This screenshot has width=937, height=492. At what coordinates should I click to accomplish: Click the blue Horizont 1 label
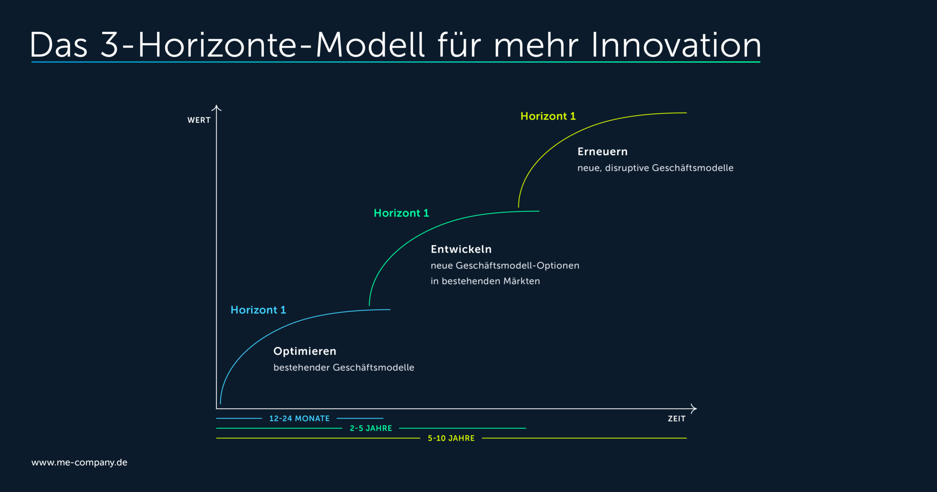pyautogui.click(x=258, y=310)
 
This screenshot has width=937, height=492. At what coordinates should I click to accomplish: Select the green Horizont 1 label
pyautogui.click(x=401, y=213)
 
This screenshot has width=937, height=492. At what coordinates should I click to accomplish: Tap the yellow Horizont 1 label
pyautogui.click(x=548, y=116)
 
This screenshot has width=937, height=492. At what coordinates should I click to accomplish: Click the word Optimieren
pyautogui.click(x=305, y=351)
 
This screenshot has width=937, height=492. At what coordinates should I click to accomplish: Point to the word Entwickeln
pyautogui.click(x=461, y=249)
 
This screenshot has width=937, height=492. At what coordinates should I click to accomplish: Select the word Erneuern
pyautogui.click(x=602, y=151)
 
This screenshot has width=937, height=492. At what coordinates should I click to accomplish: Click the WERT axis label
pyautogui.click(x=199, y=120)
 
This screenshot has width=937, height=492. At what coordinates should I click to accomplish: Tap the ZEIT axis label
pyautogui.click(x=676, y=419)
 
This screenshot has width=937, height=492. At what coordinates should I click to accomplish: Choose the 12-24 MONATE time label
pyautogui.click(x=299, y=418)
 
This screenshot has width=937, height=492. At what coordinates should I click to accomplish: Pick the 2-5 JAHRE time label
pyautogui.click(x=371, y=428)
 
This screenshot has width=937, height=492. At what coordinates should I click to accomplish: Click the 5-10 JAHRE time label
pyautogui.click(x=451, y=438)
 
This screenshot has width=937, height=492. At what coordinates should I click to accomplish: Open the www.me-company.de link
pyautogui.click(x=79, y=462)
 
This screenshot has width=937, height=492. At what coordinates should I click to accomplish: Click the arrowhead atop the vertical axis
pyautogui.click(x=216, y=108)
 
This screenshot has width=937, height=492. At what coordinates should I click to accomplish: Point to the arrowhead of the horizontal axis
pyautogui.click(x=694, y=408)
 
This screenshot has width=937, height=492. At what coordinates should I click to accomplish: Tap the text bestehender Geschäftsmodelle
pyautogui.click(x=344, y=368)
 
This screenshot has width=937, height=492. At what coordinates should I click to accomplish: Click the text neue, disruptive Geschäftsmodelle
pyautogui.click(x=655, y=168)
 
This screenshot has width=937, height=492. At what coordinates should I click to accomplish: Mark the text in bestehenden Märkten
pyautogui.click(x=485, y=281)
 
